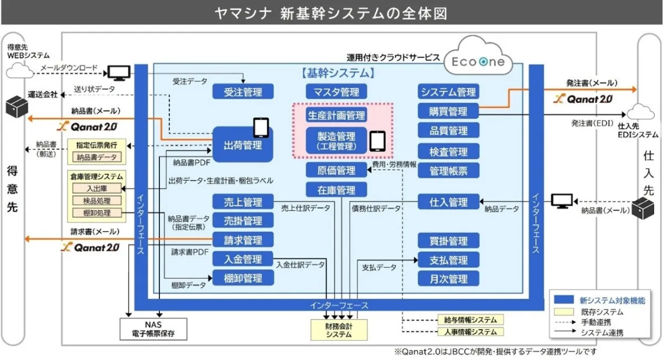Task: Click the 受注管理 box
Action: (x=243, y=92)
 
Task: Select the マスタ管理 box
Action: (x=336, y=92)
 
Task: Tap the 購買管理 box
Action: (x=449, y=111)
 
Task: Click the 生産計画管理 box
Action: (x=336, y=115)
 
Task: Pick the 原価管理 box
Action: (x=336, y=170)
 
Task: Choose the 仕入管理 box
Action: (x=449, y=202)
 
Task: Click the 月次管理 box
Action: (x=449, y=279)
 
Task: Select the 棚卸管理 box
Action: (x=243, y=278)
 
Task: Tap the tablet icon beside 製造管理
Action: (x=377, y=140)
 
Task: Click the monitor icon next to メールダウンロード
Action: (x=118, y=72)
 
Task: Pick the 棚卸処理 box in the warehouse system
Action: (x=97, y=212)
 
